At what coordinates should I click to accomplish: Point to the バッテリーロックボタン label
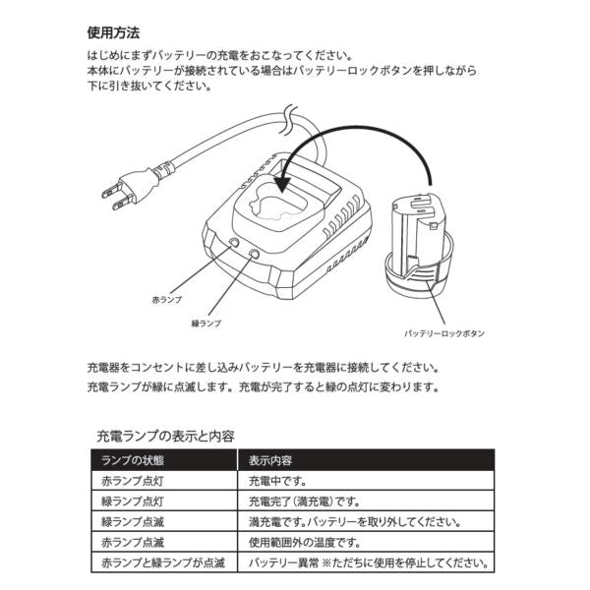444,333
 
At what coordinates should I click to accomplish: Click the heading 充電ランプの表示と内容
164,434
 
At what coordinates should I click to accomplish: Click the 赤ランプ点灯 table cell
135,482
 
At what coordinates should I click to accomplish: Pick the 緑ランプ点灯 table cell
135,502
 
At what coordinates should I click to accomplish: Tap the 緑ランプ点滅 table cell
135,523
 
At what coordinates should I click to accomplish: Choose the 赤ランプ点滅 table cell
135,543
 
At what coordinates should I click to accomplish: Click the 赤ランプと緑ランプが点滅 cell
158,563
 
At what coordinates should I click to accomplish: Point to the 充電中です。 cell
279,482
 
